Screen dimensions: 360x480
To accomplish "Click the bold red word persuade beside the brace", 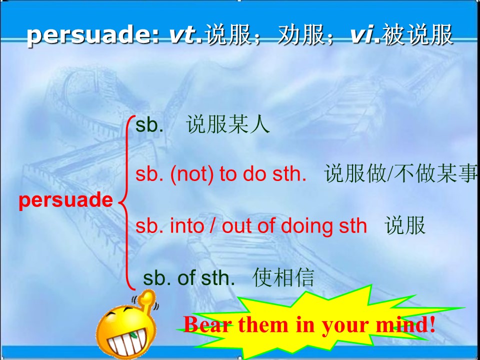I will tap(66, 200).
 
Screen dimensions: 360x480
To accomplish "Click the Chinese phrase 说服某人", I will tap(228, 125).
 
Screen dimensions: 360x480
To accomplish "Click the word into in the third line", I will tap(187, 226).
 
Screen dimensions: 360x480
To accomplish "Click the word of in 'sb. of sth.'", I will tap(186, 278).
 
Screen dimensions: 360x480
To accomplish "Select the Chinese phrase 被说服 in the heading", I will tap(417, 35).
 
